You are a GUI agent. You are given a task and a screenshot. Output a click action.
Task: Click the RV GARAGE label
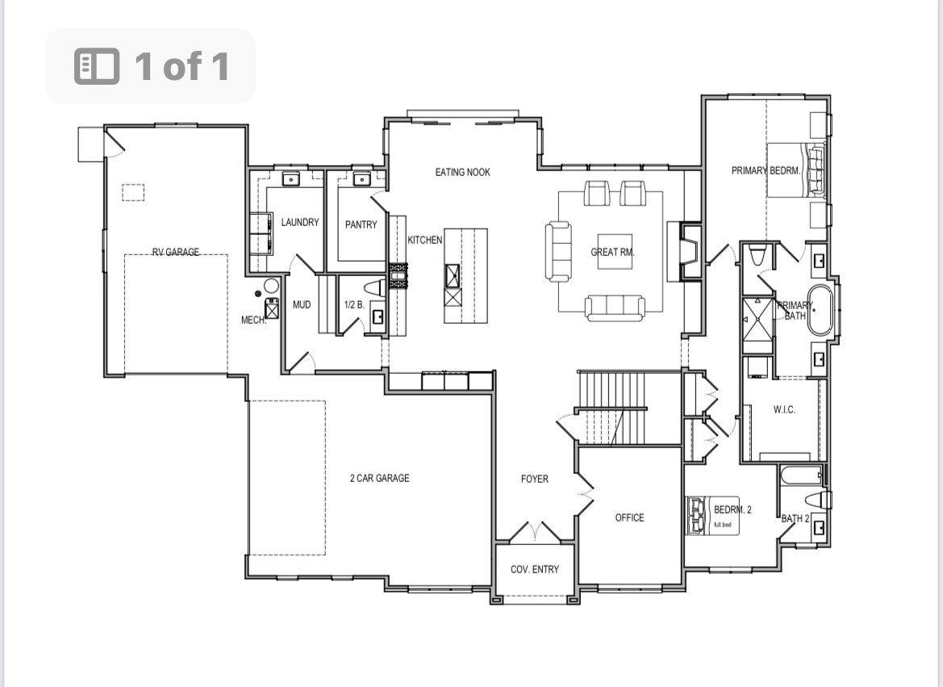coord(176,252)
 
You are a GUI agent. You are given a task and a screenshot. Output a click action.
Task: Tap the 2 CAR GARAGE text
coord(379,478)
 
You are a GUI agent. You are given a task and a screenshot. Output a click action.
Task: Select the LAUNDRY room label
coord(300,222)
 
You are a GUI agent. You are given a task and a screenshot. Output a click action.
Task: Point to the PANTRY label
coord(361,224)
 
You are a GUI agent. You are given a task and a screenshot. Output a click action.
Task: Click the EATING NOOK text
coord(462,172)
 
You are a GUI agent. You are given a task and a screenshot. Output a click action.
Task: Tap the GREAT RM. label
coord(613,253)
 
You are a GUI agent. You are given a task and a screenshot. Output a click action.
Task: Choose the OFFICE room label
coord(630,517)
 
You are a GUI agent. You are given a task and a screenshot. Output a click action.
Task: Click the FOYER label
coord(535,480)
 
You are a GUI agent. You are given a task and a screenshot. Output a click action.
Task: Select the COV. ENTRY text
coord(535,569)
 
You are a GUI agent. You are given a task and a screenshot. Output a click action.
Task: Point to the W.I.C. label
coord(784,410)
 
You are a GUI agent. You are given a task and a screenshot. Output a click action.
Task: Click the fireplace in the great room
coord(690,251)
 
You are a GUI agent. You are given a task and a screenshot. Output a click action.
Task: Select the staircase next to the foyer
coord(612,408)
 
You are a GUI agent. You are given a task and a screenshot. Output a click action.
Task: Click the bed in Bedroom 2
coord(713,515)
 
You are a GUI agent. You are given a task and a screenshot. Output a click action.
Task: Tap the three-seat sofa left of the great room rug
coord(558,251)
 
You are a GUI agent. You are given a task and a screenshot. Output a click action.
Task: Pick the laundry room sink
coord(291,178)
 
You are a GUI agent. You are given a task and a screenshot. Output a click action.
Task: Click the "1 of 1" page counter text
coord(182,65)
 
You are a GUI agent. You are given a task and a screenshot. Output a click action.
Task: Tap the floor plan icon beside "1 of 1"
coord(97,65)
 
